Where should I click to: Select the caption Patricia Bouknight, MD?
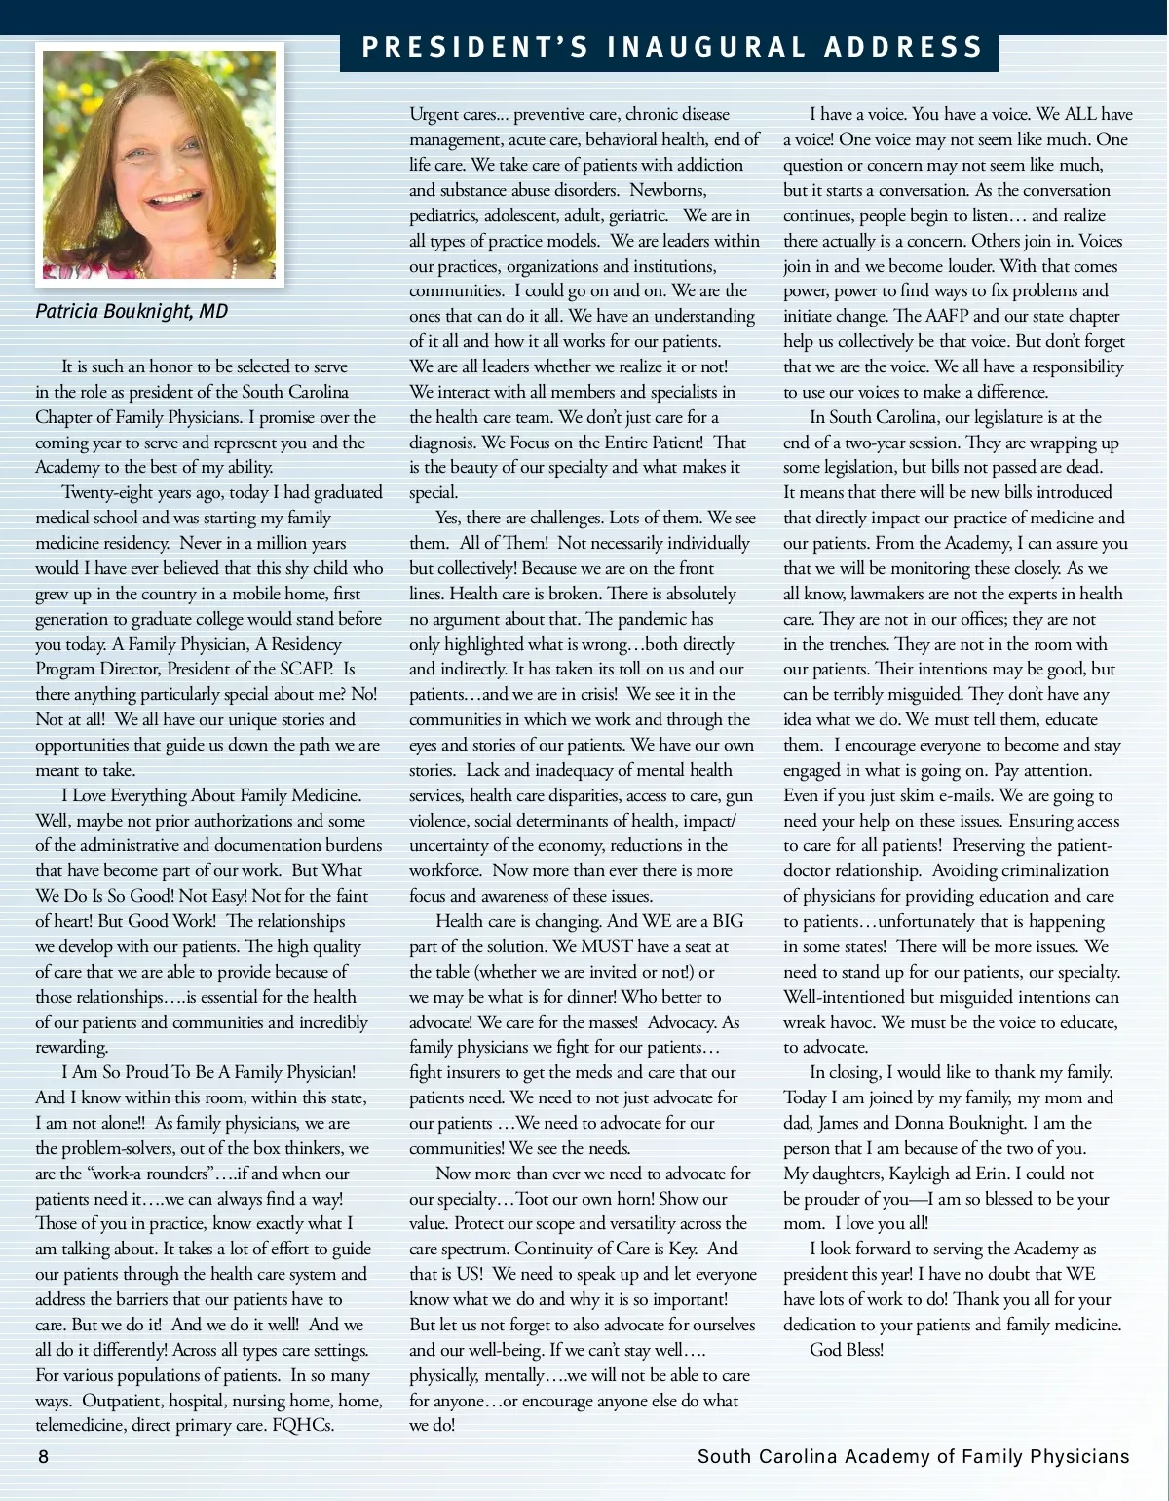coord(132,311)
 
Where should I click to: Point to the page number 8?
coord(43,1457)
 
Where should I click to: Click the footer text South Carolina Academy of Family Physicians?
coord(913,1457)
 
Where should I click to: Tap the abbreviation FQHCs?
coord(303,1425)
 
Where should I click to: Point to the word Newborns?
coord(667,190)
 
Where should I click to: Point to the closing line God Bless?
coord(847,1350)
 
